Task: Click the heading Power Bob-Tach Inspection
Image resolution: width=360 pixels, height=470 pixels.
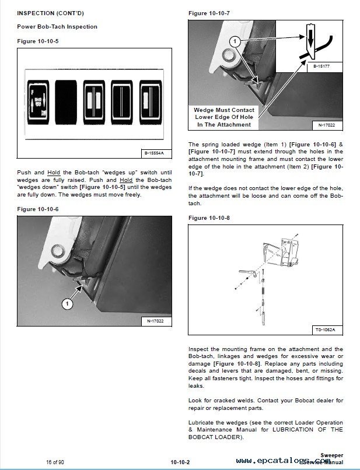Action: point(57,27)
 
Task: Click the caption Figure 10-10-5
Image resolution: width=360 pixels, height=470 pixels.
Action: point(38,41)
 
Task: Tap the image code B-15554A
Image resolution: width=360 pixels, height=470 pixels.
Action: point(154,153)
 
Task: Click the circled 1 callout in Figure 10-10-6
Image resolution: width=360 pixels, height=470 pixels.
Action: point(67,304)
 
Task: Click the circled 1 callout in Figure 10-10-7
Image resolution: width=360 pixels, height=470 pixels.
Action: point(234,41)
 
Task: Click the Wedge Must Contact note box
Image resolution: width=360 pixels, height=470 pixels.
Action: point(224,117)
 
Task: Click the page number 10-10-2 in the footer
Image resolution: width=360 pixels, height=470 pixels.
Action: point(180,462)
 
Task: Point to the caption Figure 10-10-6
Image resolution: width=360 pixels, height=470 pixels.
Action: point(38,209)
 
